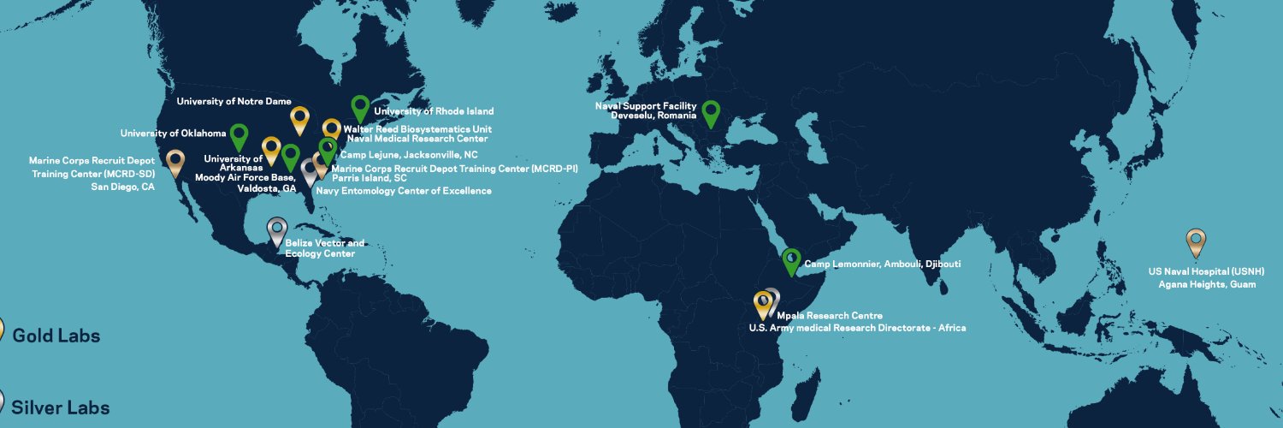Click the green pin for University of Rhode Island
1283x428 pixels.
coord(360,108)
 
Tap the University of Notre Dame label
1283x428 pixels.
coord(234,101)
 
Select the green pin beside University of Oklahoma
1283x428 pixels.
coord(239,135)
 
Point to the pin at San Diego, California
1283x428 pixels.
coord(175,161)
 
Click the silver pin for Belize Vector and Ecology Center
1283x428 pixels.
coord(276,229)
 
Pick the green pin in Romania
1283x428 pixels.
coord(710,112)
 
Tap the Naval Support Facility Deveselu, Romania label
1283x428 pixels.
coord(646,110)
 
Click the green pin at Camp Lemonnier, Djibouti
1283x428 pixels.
coord(792,259)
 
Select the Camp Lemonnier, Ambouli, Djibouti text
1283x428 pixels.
coord(882,264)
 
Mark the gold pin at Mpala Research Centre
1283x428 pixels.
coord(762,303)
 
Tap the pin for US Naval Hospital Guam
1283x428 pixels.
coord(1196,241)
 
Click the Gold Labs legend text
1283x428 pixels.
coord(56,336)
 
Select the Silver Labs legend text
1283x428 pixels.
coord(61,407)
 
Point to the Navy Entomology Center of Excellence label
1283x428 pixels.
coord(404,191)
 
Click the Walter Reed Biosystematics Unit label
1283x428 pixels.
coord(417,129)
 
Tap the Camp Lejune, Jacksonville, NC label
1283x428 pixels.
coord(409,155)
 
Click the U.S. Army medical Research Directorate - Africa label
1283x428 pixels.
coord(857,328)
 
